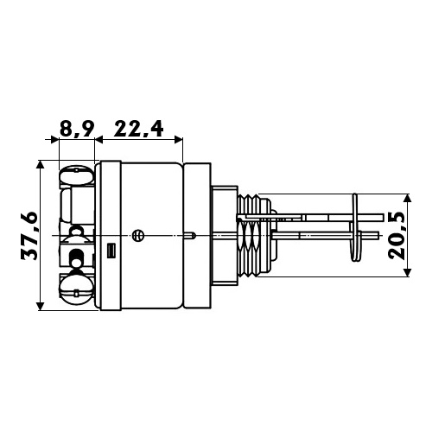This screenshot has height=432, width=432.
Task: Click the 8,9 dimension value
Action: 77,130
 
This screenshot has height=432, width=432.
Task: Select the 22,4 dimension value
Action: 139,129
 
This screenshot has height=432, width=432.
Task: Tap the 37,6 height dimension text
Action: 29,236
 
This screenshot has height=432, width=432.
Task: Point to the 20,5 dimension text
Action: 397,237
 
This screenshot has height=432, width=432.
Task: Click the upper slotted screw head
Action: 76,175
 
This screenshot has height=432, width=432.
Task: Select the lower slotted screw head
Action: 76,289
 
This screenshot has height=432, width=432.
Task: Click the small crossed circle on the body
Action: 137,236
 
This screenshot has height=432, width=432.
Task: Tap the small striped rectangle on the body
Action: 111,251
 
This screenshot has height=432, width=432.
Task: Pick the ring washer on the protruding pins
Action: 356,227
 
